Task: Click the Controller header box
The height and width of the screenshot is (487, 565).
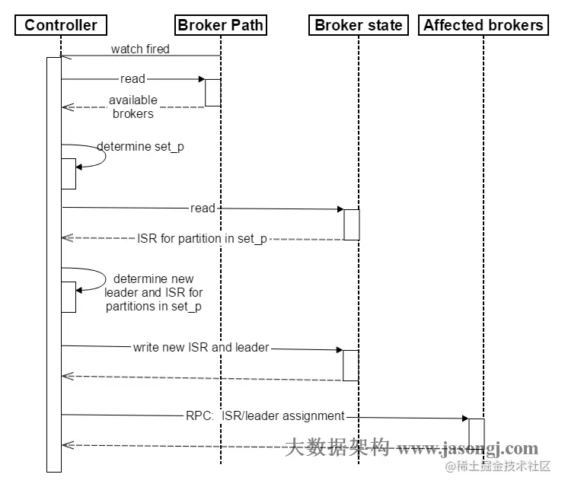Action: [61, 25]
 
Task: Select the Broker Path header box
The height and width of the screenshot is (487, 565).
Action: [220, 25]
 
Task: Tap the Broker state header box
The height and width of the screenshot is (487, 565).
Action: [358, 25]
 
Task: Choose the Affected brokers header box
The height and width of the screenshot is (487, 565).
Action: [484, 25]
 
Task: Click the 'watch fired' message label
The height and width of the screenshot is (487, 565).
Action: [140, 49]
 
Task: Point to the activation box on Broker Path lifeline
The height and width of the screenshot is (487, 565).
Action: [212, 92]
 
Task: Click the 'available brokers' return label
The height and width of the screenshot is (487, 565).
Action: [133, 107]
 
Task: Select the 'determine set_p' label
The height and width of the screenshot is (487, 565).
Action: [140, 147]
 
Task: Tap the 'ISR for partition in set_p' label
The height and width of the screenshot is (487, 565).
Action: [203, 239]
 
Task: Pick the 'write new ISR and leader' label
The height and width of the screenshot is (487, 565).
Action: [201, 347]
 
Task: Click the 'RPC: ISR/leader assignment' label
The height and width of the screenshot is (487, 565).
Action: [265, 415]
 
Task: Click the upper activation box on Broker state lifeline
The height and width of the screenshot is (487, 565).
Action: [351, 224]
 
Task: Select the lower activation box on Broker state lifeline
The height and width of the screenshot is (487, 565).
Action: [350, 365]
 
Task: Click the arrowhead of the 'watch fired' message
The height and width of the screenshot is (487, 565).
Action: [65, 56]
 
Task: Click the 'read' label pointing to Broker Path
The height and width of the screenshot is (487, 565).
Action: [132, 78]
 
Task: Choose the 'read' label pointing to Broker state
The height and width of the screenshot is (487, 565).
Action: [203, 208]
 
